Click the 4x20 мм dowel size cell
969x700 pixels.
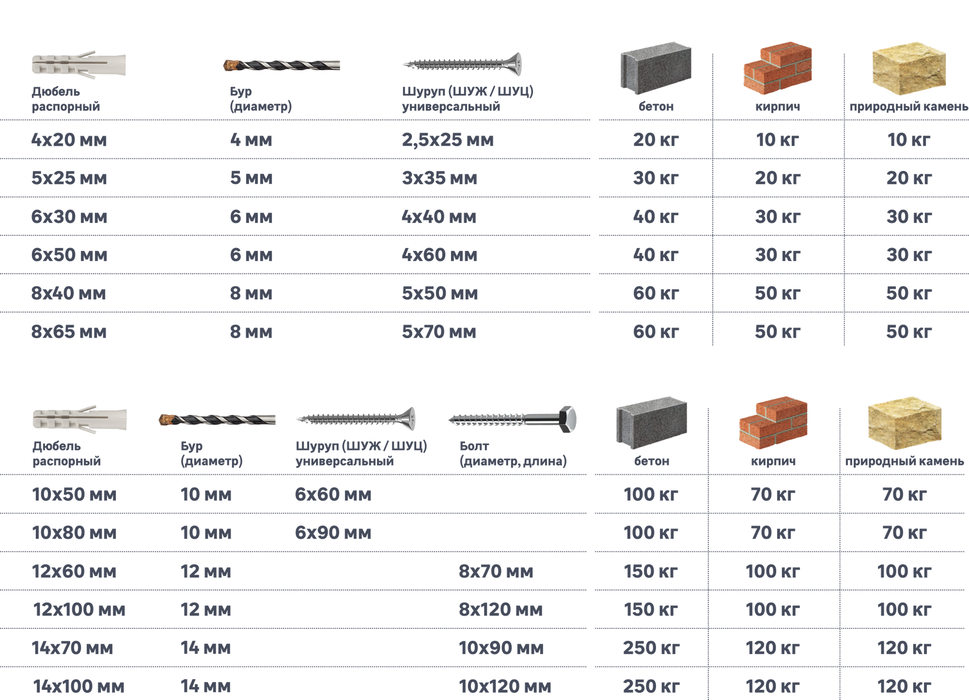click(69, 140)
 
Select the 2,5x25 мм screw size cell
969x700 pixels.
click(448, 140)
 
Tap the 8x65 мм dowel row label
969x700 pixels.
click(69, 332)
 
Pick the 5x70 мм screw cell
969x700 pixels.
click(439, 332)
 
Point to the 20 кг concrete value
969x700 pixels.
click(656, 140)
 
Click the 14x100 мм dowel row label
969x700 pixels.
click(78, 686)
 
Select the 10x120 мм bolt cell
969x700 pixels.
click(505, 686)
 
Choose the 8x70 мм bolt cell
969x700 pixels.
click(496, 572)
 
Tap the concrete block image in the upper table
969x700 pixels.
click(656, 70)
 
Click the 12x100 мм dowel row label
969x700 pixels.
click(79, 609)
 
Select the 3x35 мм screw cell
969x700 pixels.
click(439, 178)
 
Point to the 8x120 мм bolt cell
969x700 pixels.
click(500, 609)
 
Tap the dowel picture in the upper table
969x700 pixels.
click(79, 65)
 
